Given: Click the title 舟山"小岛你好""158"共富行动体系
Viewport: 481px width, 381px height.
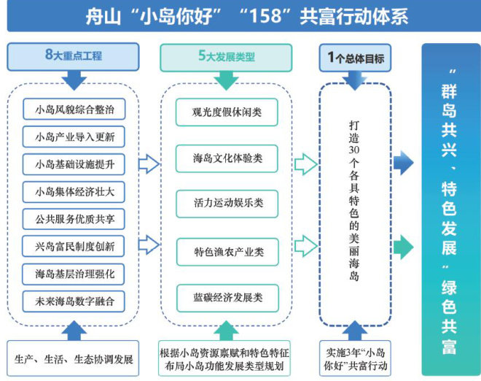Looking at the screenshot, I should [x=240, y=16].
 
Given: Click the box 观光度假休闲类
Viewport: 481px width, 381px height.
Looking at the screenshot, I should [x=227, y=112].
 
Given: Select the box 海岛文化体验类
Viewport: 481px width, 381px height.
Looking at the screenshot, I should [x=227, y=158].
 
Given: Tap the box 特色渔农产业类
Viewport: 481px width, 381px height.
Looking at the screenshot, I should [x=227, y=252].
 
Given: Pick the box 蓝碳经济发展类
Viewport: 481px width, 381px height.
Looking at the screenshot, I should [x=227, y=298].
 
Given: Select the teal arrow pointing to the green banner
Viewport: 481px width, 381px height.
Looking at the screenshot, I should [x=403, y=248].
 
